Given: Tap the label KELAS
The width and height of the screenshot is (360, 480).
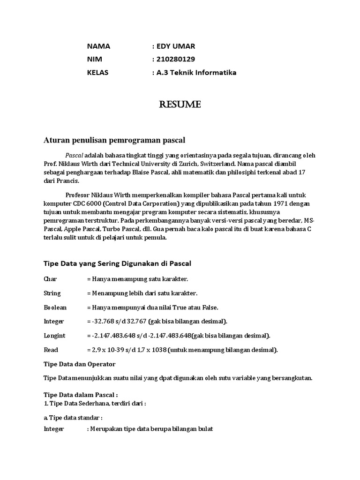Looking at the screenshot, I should tap(97, 73).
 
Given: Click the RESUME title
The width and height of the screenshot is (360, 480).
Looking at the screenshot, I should tap(180, 105).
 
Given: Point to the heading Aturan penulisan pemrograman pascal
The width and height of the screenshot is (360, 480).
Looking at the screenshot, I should tap(115, 140).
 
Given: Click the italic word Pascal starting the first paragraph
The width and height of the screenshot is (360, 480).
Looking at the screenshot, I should tap(74, 155).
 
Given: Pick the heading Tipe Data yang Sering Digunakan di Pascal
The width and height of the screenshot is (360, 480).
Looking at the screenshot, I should tap(117, 263).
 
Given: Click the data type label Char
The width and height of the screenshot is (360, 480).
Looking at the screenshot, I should tap(50, 279).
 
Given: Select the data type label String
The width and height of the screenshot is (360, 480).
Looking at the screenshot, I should tap(52, 293).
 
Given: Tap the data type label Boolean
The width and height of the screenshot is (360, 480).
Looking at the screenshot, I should tap(55, 307).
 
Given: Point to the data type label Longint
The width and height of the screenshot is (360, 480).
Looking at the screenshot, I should tap(54, 336).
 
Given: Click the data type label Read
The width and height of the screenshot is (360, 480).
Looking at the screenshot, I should tap(51, 350).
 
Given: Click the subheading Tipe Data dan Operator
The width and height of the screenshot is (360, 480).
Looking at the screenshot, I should tap(79, 364).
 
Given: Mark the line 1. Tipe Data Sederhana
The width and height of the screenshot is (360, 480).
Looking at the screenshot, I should tap(95, 404).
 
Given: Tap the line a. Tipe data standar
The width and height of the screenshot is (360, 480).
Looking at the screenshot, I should tap(73, 418).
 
